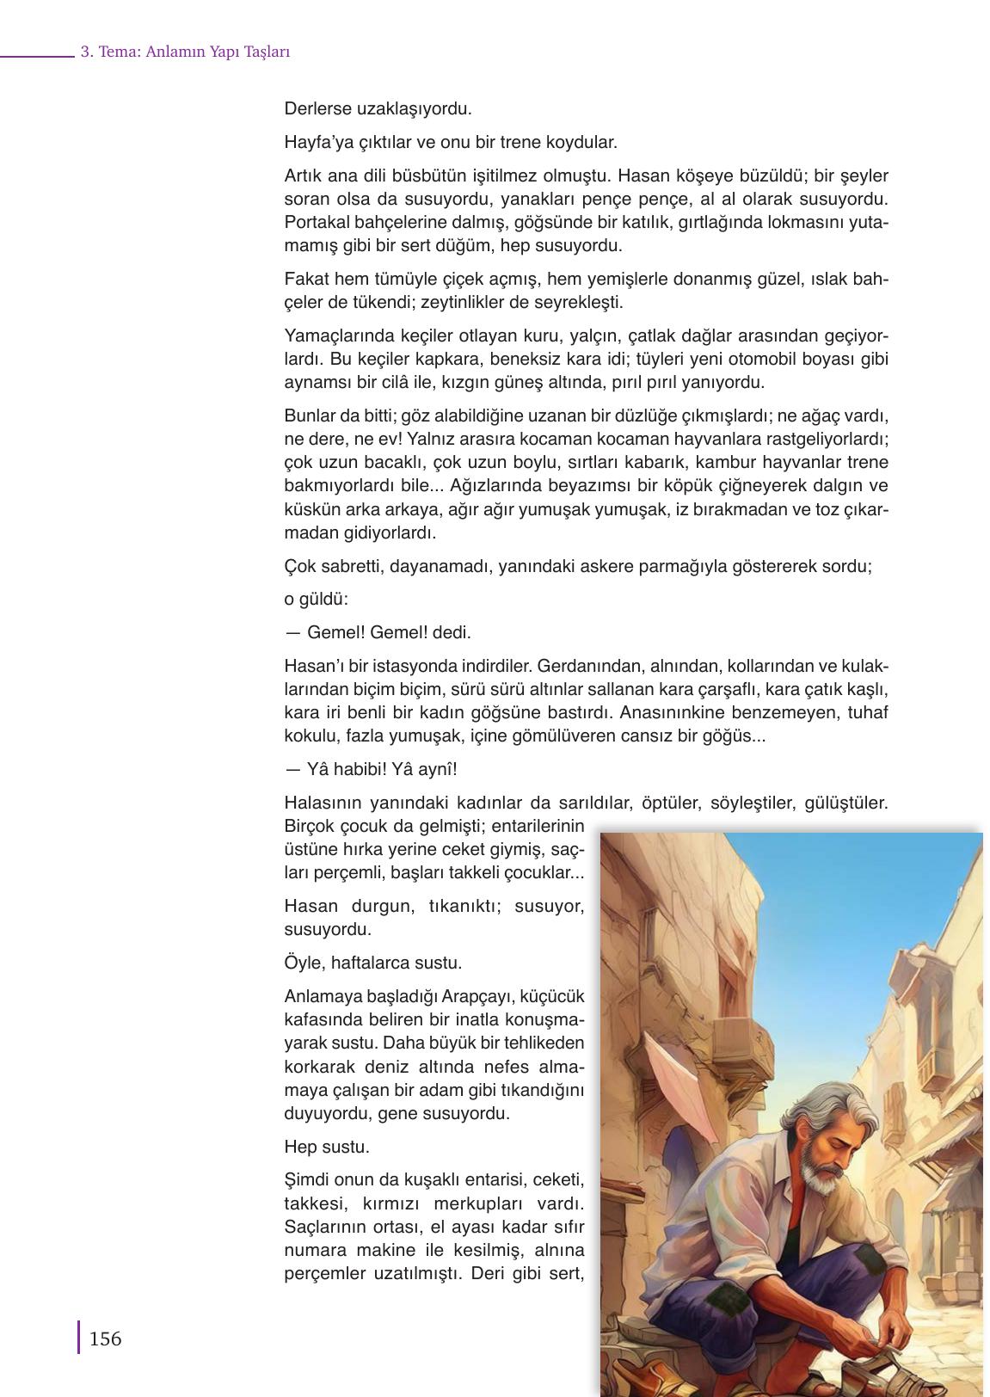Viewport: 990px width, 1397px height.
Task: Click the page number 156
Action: [x=105, y=1339]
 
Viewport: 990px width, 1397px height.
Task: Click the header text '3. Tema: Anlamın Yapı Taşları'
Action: [x=185, y=52]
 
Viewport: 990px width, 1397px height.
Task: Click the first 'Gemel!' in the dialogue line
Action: [x=336, y=632]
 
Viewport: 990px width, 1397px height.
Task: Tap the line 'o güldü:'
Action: [x=316, y=600]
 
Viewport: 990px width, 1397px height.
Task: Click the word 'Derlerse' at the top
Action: [x=317, y=109]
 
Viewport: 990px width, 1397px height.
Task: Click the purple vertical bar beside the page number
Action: [x=79, y=1338]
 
